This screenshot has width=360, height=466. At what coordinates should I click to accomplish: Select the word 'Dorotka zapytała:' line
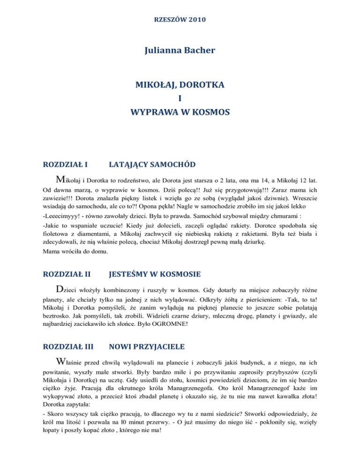70,411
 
